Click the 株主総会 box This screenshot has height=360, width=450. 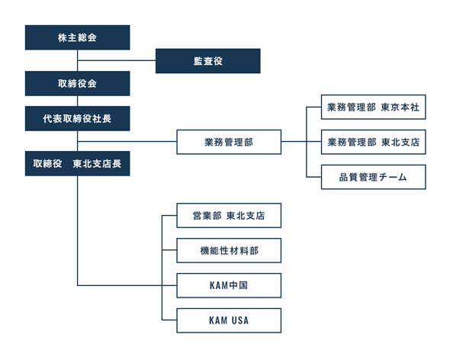(x=78, y=37)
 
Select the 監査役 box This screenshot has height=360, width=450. (x=208, y=61)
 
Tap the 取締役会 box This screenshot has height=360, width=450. (x=78, y=84)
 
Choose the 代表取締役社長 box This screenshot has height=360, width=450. (x=78, y=118)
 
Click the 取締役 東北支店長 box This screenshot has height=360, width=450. (x=78, y=164)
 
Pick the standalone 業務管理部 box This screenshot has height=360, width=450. (x=229, y=142)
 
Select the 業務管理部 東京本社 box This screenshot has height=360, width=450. (x=374, y=107)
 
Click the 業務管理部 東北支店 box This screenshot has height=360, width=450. (x=374, y=142)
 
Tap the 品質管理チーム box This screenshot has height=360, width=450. (x=374, y=177)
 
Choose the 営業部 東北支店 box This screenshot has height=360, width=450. (x=229, y=216)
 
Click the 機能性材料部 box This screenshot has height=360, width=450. (x=229, y=251)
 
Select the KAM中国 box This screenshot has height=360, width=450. (x=229, y=286)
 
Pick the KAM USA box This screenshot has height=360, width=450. (x=229, y=320)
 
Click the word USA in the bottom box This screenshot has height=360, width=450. (x=240, y=320)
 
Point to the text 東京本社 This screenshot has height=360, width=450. (x=400, y=108)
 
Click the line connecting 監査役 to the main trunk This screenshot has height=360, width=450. (x=117, y=60)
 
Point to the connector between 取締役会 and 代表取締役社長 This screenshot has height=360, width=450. (x=78, y=101)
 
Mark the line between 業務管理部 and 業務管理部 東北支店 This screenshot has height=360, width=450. (x=301, y=142)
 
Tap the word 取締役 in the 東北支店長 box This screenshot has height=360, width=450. (x=47, y=164)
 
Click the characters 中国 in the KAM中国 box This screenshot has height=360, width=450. (x=239, y=286)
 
